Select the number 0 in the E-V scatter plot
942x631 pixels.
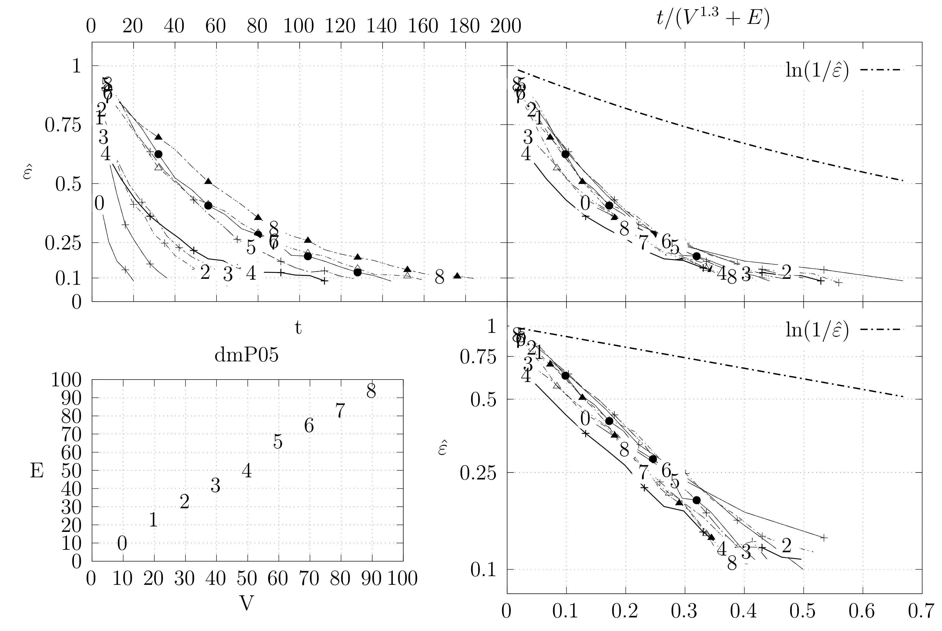(x=122, y=544)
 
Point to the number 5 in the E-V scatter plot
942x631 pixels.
(x=278, y=442)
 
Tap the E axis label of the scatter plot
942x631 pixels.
(x=37, y=471)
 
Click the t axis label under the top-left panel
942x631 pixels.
(x=298, y=328)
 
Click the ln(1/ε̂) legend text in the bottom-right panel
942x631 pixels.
(x=817, y=330)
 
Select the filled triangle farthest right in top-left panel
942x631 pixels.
(x=457, y=276)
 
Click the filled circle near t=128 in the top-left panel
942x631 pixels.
(x=357, y=272)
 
